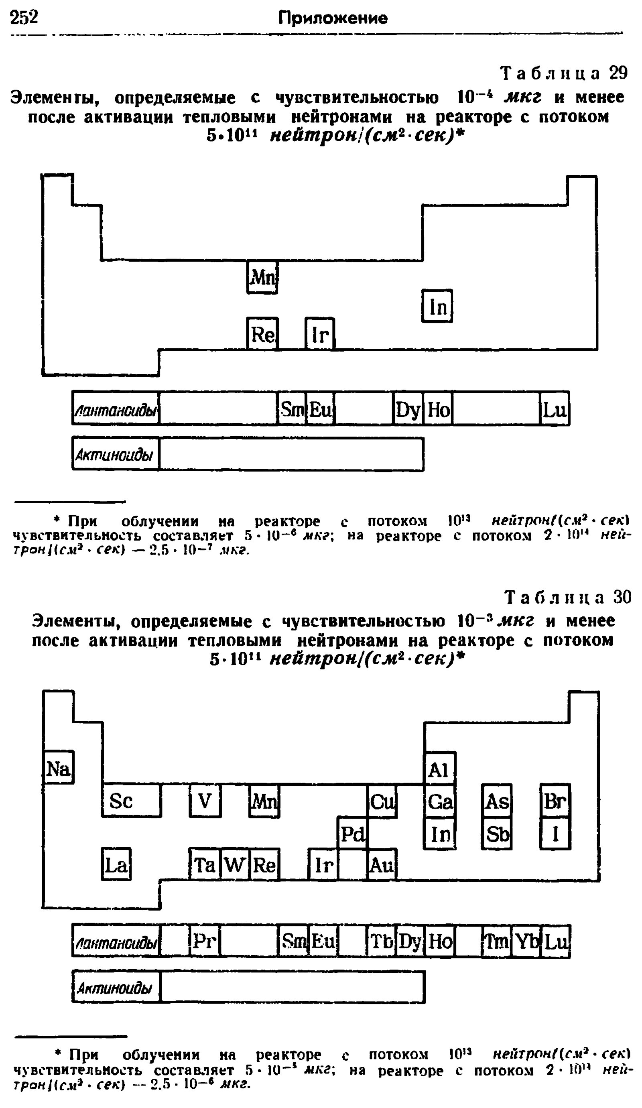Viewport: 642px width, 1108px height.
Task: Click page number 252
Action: click(24, 18)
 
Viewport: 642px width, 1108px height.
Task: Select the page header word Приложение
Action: click(333, 18)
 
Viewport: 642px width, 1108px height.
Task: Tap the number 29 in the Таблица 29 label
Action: click(618, 73)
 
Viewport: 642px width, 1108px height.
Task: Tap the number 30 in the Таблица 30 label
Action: click(622, 597)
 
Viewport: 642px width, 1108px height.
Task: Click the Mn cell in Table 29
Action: click(262, 277)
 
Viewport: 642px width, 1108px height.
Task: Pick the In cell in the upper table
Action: click(437, 306)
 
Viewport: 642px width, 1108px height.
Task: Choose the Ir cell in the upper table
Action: click(320, 334)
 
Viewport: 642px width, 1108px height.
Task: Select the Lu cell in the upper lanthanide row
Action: click(555, 409)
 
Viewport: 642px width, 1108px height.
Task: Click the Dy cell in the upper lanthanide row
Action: click(408, 409)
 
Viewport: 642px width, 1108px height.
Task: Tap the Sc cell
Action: click(131, 801)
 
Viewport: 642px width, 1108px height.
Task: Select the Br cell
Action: click(555, 801)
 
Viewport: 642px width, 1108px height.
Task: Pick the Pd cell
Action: click(352, 833)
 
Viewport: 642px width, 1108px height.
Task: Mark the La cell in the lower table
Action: click(116, 865)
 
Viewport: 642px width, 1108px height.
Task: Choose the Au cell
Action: click(382, 865)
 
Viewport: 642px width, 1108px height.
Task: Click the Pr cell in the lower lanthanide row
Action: click(205, 941)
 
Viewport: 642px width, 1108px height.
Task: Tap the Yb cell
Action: click(526, 941)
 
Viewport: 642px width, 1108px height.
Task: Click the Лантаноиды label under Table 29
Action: click(116, 410)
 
